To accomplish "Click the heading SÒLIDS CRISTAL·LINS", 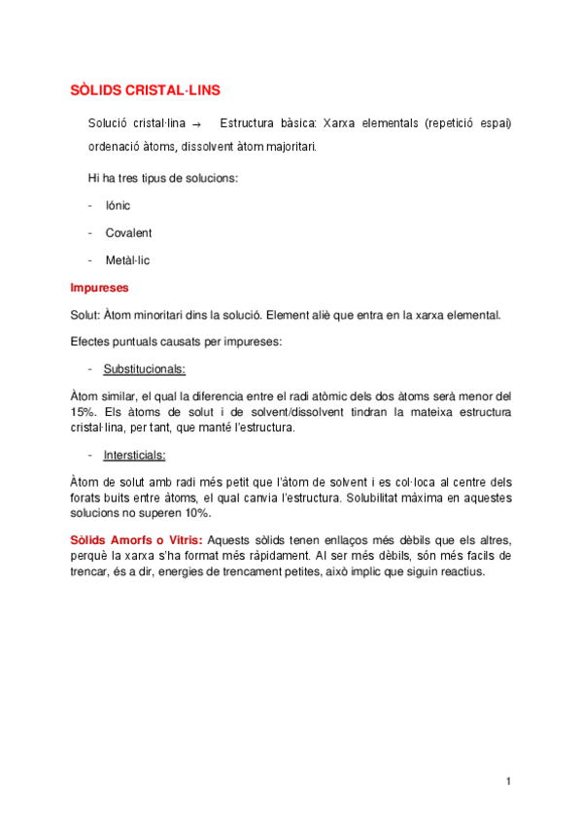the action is coord(146,90).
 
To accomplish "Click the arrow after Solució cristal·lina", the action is coord(196,125).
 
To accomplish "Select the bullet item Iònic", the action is coord(118,206).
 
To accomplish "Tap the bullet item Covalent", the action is coord(128,233).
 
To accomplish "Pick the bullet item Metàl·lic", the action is coord(127,260).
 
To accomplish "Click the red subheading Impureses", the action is coord(99,288).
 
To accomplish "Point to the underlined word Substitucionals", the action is coord(145,369).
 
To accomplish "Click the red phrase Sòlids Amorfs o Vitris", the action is coord(137,540).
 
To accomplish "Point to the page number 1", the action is coord(508,781).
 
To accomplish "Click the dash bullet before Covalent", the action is coord(90,233).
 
